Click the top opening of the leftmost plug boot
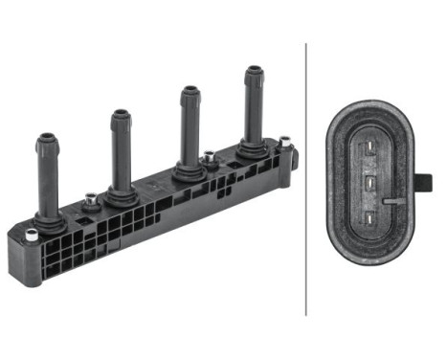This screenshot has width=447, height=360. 47,137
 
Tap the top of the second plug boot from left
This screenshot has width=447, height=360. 121,114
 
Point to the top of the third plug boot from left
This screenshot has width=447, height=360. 189,92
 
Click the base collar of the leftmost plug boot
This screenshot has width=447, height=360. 51,221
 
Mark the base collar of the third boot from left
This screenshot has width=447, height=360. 190,172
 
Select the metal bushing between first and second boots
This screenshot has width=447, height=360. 91,199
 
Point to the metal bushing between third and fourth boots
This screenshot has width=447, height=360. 208,155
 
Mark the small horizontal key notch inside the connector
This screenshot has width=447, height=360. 392,201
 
